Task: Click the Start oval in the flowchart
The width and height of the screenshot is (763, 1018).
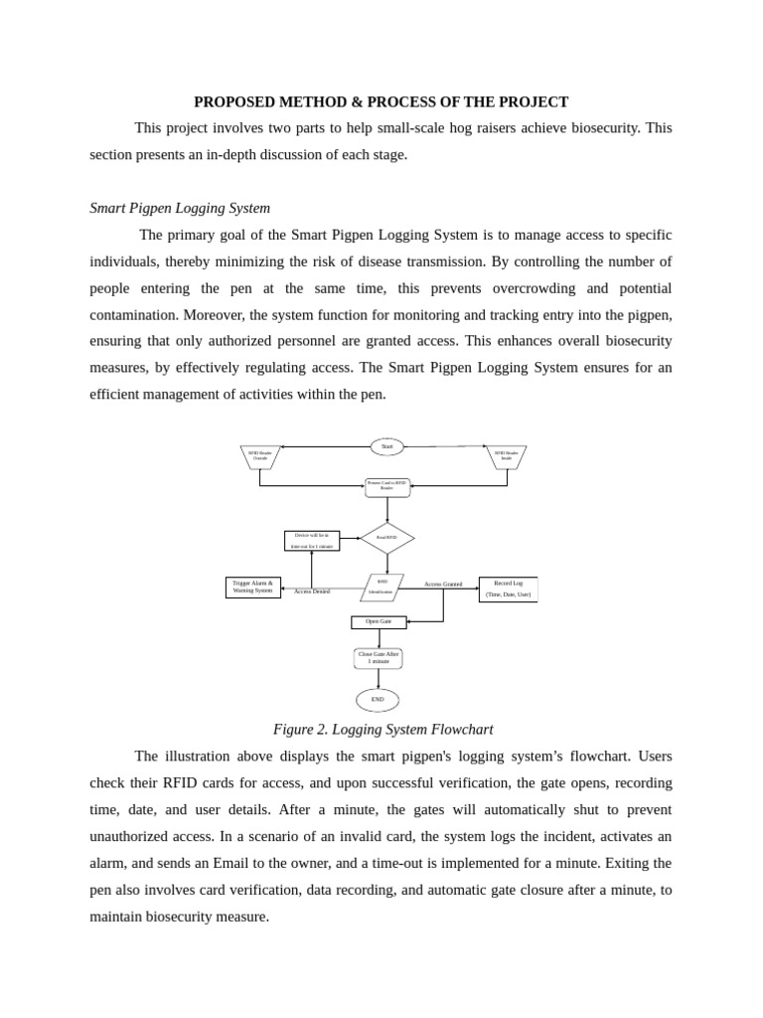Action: pyautogui.click(x=386, y=446)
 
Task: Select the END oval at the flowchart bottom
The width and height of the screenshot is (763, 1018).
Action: pyautogui.click(x=378, y=700)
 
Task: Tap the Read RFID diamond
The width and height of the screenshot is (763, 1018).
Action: pyautogui.click(x=386, y=538)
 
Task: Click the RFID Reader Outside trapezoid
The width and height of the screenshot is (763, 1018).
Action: pyautogui.click(x=260, y=456)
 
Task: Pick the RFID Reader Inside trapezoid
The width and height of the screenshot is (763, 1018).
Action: pyautogui.click(x=507, y=456)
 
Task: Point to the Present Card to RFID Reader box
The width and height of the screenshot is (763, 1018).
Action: pyautogui.click(x=386, y=486)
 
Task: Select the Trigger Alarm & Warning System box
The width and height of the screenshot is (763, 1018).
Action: pyautogui.click(x=252, y=588)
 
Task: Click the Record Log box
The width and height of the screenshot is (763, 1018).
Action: pyautogui.click(x=508, y=589)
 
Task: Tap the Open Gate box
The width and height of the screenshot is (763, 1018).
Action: pyautogui.click(x=379, y=622)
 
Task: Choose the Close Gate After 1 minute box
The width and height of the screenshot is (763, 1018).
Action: pyautogui.click(x=379, y=658)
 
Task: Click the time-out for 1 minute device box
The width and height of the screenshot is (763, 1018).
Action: pyautogui.click(x=312, y=541)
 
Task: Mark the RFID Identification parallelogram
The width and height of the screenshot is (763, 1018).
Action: pyautogui.click(x=381, y=588)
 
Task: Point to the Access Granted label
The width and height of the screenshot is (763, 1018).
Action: pyautogui.click(x=443, y=585)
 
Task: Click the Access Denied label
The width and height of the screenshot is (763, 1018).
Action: pyautogui.click(x=312, y=592)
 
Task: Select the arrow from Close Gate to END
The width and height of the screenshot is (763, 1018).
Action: pyautogui.click(x=379, y=679)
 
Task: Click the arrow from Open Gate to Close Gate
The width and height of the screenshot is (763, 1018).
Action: pyautogui.click(x=379, y=638)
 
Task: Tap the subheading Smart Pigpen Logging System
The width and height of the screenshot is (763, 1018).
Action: pyautogui.click(x=180, y=209)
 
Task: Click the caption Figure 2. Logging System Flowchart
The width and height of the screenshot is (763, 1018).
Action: pyautogui.click(x=382, y=730)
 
